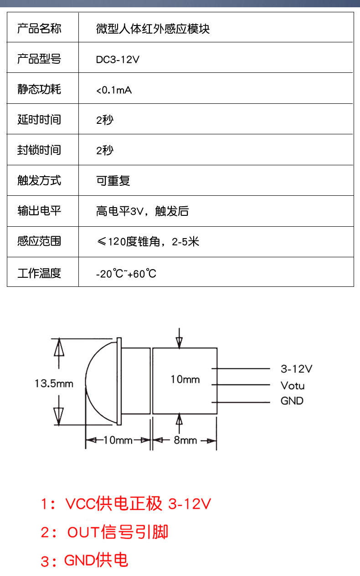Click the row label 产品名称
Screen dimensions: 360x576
(x=39, y=28)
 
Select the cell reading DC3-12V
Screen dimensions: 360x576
(x=118, y=60)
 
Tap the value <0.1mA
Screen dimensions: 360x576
(x=114, y=90)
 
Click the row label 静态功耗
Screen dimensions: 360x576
(x=39, y=89)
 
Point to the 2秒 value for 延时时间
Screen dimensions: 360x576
(x=105, y=120)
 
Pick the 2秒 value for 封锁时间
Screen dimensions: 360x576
(x=105, y=150)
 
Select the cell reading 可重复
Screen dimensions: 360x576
(x=113, y=180)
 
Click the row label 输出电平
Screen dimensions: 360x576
(x=39, y=211)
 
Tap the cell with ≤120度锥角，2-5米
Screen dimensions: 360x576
(x=148, y=242)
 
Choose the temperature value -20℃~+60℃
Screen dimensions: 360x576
(x=126, y=274)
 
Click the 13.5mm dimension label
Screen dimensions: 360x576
(x=54, y=384)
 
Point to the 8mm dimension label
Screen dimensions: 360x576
(x=185, y=440)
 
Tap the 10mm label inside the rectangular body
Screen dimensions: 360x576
(x=185, y=380)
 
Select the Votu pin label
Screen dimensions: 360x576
(x=293, y=386)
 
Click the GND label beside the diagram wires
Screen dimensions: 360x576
(x=292, y=401)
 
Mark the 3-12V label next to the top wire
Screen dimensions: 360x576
(x=297, y=369)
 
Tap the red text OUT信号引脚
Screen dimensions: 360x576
(x=118, y=532)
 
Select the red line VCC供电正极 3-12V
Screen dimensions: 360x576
(x=138, y=504)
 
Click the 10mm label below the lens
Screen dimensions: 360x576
(x=118, y=440)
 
